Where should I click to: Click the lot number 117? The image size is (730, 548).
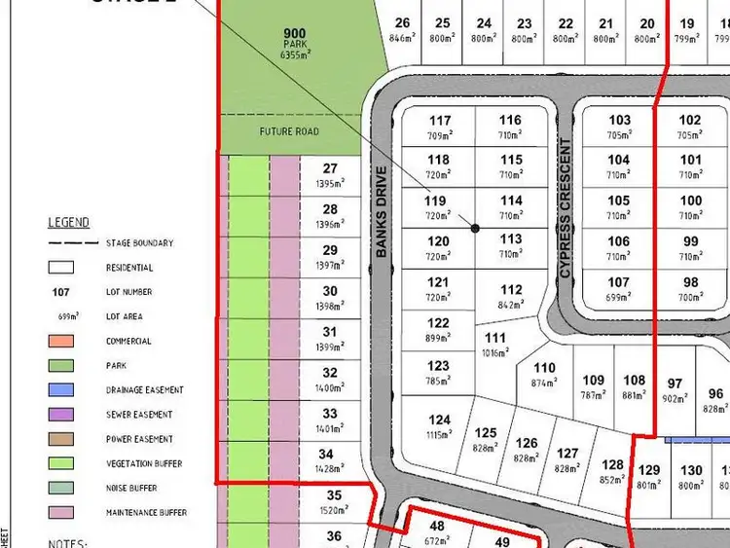pos(439,121)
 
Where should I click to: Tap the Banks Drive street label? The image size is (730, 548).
pos(382,212)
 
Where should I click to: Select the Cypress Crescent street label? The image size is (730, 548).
pos(565,209)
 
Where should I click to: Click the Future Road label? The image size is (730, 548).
pos(289,131)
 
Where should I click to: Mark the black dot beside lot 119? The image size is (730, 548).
pos(475,228)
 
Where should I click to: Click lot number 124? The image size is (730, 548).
pos(439,420)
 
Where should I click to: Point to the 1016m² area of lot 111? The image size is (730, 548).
pos(495,353)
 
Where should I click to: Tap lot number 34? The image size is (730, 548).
pos(330,455)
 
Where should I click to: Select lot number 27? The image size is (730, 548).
pos(330,169)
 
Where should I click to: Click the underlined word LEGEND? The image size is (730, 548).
pos(69,223)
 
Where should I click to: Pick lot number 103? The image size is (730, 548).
pos(619,121)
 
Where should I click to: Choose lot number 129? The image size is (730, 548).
pos(648,471)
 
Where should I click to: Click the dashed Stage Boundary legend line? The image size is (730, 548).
pos(73,242)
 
